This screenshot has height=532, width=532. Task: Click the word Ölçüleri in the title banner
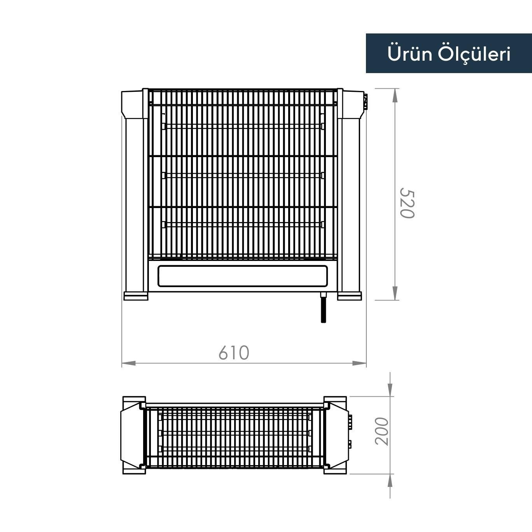click(x=474, y=54)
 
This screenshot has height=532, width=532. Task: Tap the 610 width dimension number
click(x=233, y=353)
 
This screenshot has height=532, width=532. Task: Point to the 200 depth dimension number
click(x=382, y=431)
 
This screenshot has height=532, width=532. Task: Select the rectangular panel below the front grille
click(x=243, y=276)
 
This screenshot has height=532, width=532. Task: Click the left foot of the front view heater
click(x=136, y=296)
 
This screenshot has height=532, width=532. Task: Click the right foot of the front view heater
click(x=349, y=296)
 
